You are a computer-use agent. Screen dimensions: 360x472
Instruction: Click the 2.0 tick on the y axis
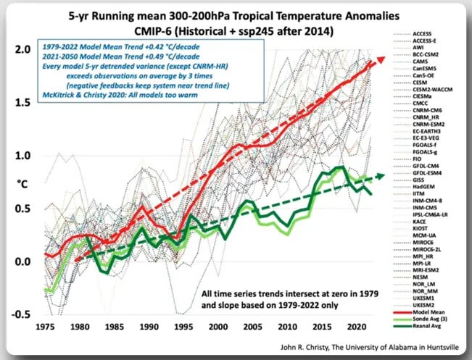point(24,49)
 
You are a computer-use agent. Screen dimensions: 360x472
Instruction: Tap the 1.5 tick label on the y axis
point(24,102)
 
